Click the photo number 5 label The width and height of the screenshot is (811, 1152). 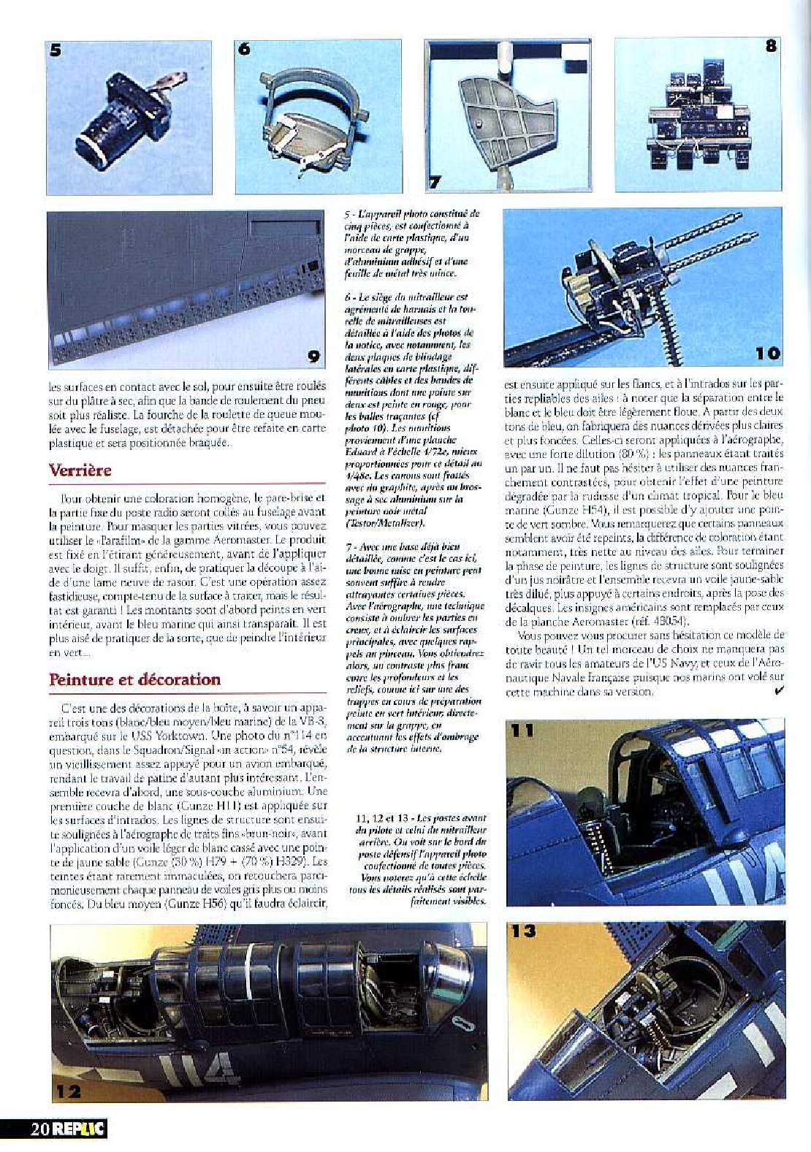point(56,50)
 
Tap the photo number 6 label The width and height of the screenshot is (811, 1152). point(244,49)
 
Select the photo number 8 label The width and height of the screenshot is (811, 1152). point(770,46)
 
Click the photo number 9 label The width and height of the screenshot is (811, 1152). point(313,356)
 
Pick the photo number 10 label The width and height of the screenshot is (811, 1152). point(767,354)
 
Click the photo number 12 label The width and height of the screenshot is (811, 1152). point(66,1091)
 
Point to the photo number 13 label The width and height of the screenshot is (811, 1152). point(523,931)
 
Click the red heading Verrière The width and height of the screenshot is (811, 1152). point(80,470)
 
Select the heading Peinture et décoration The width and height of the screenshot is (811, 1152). point(134,679)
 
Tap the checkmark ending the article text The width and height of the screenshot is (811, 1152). point(778,691)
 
